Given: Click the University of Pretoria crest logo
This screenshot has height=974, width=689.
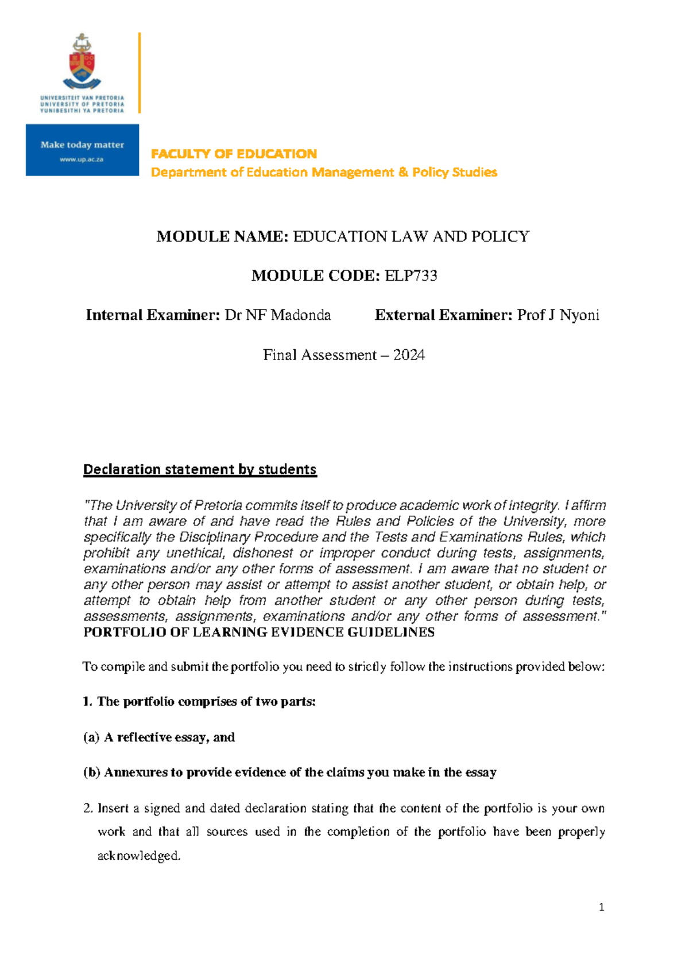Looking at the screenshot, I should point(82,62).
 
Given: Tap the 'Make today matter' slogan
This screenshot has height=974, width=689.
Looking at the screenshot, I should point(82,145).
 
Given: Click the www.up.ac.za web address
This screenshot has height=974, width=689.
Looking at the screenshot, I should point(82,160).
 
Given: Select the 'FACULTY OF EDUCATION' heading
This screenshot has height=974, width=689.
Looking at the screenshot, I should point(234,154).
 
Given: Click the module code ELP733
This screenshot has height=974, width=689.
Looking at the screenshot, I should point(411,276).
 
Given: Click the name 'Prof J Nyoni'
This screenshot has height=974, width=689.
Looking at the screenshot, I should point(558,315).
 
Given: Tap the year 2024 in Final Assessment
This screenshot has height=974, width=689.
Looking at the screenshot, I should point(409,355).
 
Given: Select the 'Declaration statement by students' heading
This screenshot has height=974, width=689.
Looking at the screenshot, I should point(199,469).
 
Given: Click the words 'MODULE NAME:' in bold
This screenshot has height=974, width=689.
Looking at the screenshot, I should point(222,237).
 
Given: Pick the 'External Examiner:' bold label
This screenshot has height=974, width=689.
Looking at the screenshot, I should point(443,315).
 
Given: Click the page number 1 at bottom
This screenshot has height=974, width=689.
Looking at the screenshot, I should point(601,908).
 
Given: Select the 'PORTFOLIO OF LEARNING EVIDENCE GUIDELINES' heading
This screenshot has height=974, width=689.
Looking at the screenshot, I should point(259,632).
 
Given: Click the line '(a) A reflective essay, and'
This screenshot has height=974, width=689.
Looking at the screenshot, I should point(159,737).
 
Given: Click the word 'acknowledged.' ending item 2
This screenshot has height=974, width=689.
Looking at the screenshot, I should point(139,856).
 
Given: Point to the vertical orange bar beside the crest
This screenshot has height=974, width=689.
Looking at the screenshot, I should point(140,73).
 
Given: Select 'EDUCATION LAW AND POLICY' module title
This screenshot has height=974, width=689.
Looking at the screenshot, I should point(411,237).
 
